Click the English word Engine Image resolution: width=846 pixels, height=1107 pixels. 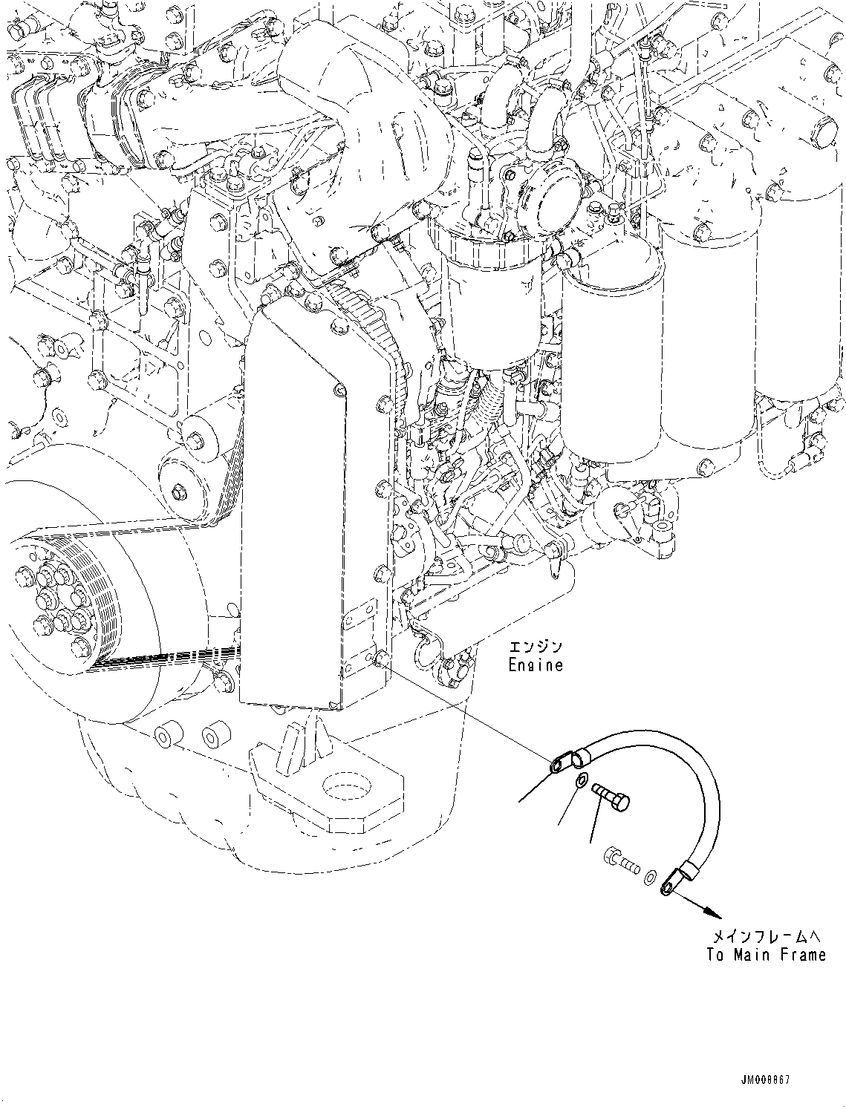click(x=536, y=665)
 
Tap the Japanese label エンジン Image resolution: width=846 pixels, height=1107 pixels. click(x=536, y=646)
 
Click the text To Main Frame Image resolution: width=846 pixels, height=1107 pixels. click(x=766, y=955)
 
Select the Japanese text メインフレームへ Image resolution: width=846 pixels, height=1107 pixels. click(x=766, y=935)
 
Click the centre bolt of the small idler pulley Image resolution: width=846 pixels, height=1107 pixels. click(x=179, y=492)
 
